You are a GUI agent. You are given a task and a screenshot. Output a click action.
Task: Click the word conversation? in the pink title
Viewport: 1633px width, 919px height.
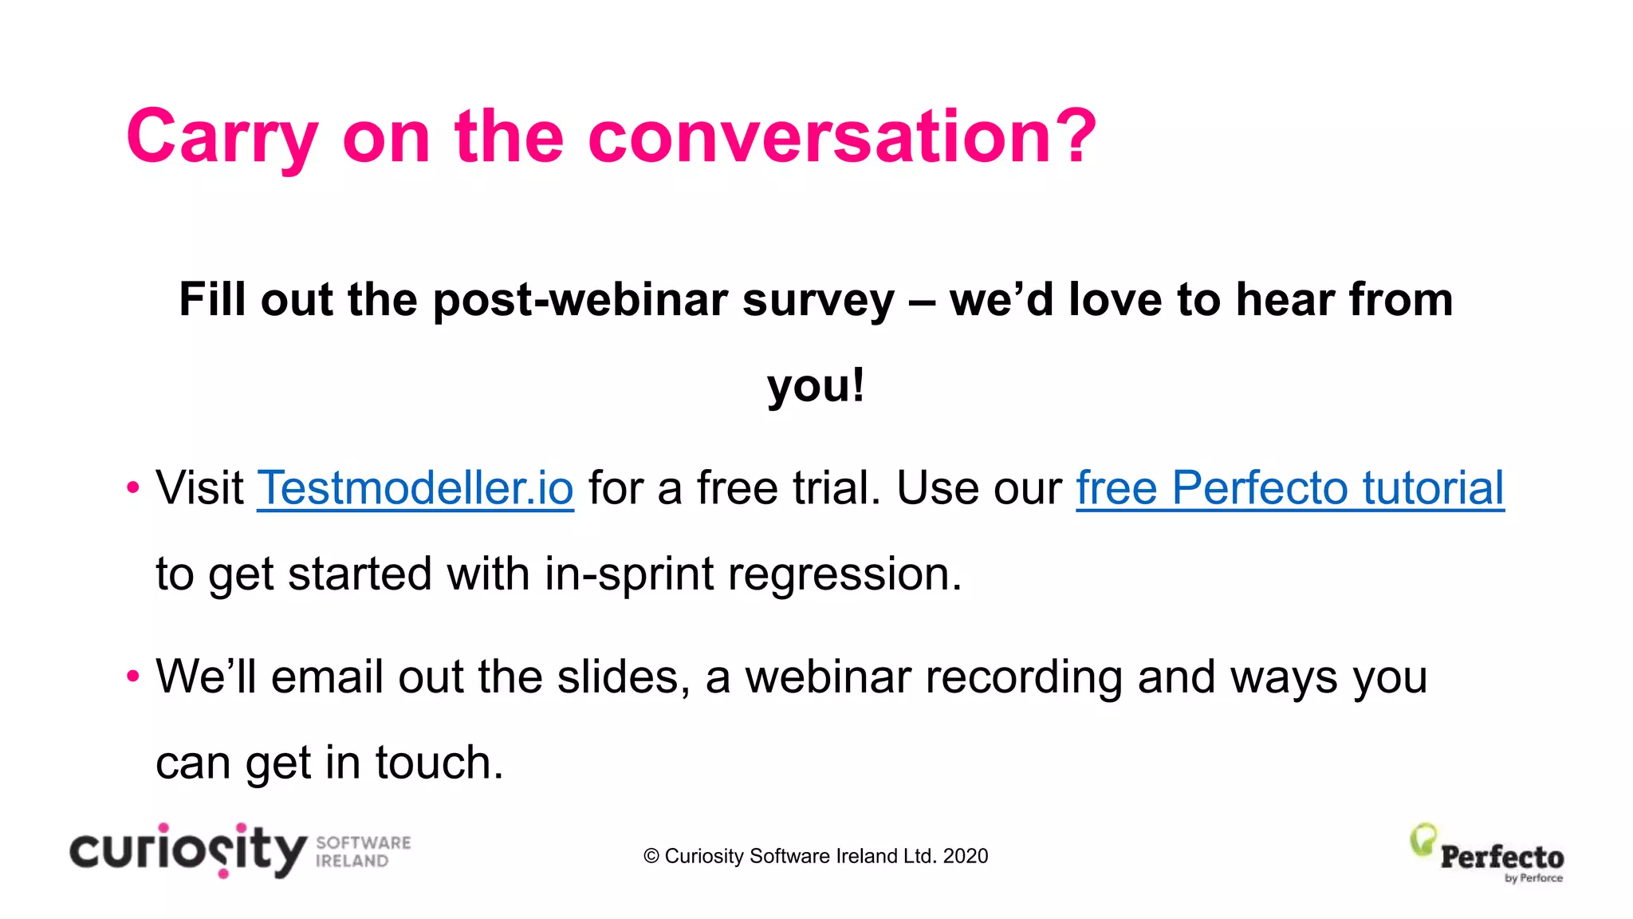(x=842, y=137)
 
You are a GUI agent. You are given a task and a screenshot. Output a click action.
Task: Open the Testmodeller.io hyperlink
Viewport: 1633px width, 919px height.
(x=415, y=487)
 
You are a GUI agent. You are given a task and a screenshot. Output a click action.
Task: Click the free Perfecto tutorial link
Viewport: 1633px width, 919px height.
(x=1289, y=487)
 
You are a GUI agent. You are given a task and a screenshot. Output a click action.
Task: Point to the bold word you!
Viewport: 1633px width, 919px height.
(x=816, y=385)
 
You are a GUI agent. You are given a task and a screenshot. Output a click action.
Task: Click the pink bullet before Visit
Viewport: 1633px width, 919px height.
(x=133, y=487)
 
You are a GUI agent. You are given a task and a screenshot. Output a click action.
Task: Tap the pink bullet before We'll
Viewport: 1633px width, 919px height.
(x=133, y=676)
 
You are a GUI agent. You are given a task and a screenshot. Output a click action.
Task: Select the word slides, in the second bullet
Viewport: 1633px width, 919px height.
(x=624, y=676)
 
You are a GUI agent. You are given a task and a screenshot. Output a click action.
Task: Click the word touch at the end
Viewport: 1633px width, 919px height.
(x=439, y=763)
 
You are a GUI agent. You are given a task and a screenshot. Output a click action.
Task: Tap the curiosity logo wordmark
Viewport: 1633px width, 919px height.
(x=188, y=851)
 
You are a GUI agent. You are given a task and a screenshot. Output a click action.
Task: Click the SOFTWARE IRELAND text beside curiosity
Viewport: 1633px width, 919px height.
(x=363, y=852)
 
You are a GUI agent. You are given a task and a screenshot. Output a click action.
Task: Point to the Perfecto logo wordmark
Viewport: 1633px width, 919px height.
(x=1501, y=858)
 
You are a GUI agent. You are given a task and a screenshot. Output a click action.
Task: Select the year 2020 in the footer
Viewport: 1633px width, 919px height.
(x=965, y=856)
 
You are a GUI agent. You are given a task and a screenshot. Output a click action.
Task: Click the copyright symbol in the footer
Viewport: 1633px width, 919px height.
(x=651, y=856)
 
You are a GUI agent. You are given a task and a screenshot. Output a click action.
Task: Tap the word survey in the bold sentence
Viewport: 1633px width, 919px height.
(x=818, y=300)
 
